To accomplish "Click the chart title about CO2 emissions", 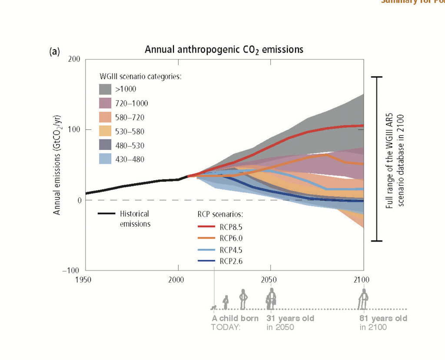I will [224, 50].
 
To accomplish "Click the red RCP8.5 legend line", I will [207, 226].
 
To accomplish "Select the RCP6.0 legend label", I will [230, 238].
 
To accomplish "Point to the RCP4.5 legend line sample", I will [207, 249].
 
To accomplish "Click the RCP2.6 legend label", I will [230, 261].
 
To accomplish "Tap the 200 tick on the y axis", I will [74, 59].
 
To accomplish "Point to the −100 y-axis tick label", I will [71, 271].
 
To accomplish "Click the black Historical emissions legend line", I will [106, 214].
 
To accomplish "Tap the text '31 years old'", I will [290, 318].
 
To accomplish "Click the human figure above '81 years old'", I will [363, 299].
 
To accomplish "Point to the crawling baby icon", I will [214, 307].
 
